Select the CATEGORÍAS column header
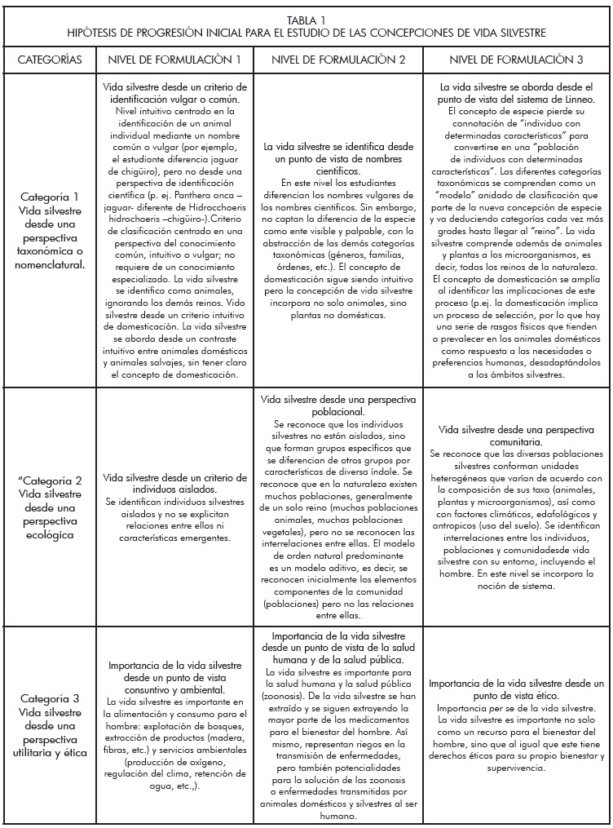(x=48, y=60)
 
